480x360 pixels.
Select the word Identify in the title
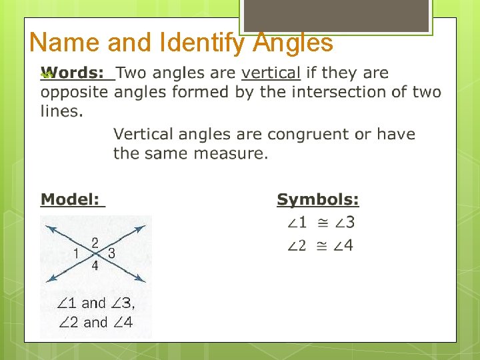pos(197,43)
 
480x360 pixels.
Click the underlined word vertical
pos(271,73)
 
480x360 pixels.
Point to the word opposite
pos(74,92)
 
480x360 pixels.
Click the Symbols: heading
pos(318,199)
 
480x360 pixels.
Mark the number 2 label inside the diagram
pos(95,243)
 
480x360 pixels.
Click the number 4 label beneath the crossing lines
pos(95,265)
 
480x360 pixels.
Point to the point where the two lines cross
pos(95,254)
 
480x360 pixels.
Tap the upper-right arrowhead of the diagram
pos(141,229)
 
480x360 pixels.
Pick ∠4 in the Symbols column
pos(343,246)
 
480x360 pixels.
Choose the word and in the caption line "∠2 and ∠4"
pos(95,323)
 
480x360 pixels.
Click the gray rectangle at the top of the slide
pos(336,15)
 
